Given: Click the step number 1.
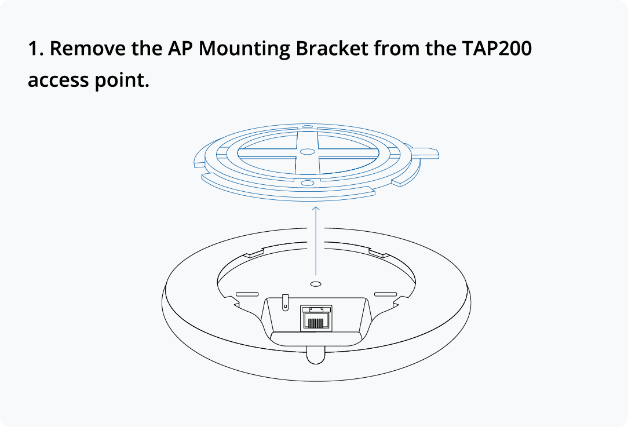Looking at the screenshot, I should (34, 48).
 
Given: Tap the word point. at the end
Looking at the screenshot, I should (122, 81).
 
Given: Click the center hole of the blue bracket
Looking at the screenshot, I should (308, 152).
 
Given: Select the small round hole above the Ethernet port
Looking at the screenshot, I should (316, 284).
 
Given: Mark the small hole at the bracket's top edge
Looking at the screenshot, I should (308, 126).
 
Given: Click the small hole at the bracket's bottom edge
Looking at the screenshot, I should (308, 183).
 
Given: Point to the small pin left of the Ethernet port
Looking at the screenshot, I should (284, 301).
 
